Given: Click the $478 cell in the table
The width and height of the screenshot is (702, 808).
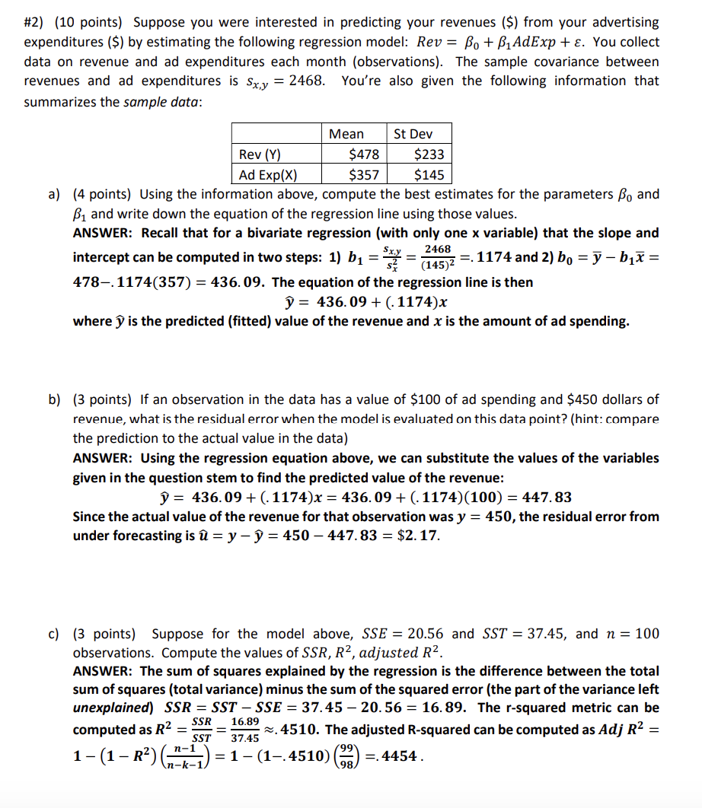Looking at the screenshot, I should [362, 154].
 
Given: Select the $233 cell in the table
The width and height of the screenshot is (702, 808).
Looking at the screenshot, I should [428, 154].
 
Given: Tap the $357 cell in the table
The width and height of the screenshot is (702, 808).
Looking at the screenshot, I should [362, 174].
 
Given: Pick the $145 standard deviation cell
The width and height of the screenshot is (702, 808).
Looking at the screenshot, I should [428, 174].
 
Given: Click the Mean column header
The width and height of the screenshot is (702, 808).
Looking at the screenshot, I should [346, 134].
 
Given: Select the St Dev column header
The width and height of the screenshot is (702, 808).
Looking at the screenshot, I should [413, 134].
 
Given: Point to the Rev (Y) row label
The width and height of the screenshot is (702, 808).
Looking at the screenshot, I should [260, 154].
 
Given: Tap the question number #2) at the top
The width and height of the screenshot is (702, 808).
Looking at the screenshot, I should [36, 23].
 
